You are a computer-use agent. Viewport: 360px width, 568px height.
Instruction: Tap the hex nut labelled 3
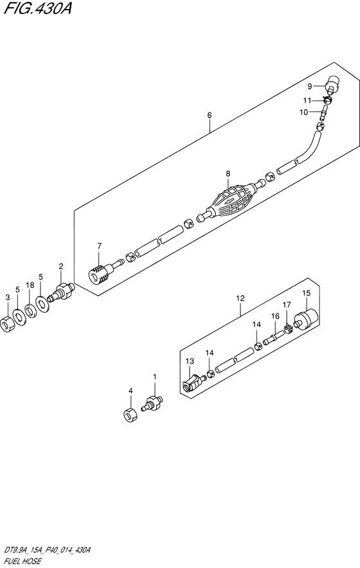click(6, 323)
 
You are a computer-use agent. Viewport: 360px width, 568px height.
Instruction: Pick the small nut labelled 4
click(130, 414)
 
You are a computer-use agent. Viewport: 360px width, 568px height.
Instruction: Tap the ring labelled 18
click(30, 312)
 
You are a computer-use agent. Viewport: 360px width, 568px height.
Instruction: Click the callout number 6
click(209, 115)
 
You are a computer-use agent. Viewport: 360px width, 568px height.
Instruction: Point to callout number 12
click(240, 298)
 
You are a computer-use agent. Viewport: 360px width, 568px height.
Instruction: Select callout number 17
click(287, 305)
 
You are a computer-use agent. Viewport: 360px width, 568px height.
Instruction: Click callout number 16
click(275, 316)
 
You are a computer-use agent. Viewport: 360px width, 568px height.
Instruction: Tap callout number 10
click(303, 112)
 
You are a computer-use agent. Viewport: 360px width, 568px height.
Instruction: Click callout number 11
click(307, 100)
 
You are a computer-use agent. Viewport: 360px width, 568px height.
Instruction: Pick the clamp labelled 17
click(289, 330)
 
